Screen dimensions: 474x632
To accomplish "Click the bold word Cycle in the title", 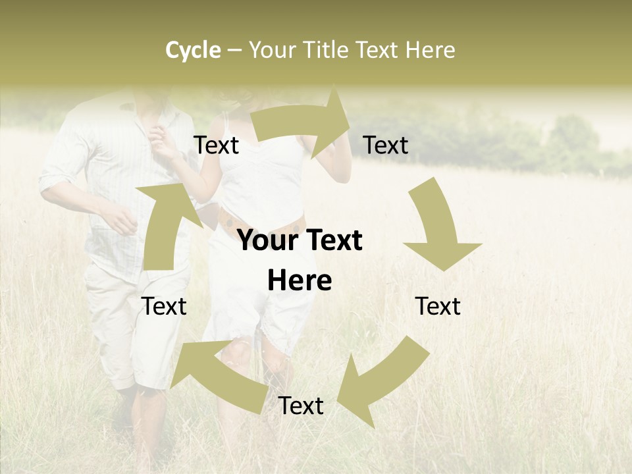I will (193, 50).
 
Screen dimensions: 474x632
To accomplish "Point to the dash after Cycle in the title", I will (234, 51).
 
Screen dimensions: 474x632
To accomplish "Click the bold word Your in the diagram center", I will (268, 241).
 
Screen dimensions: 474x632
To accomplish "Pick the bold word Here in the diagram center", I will (300, 281).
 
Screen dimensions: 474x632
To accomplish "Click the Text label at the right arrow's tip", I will (386, 145).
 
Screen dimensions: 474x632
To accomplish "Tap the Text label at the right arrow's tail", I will (216, 145).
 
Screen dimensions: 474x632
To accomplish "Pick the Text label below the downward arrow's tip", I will (438, 306).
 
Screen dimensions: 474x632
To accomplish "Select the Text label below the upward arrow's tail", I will (165, 306).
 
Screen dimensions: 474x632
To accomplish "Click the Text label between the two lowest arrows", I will (300, 406).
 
